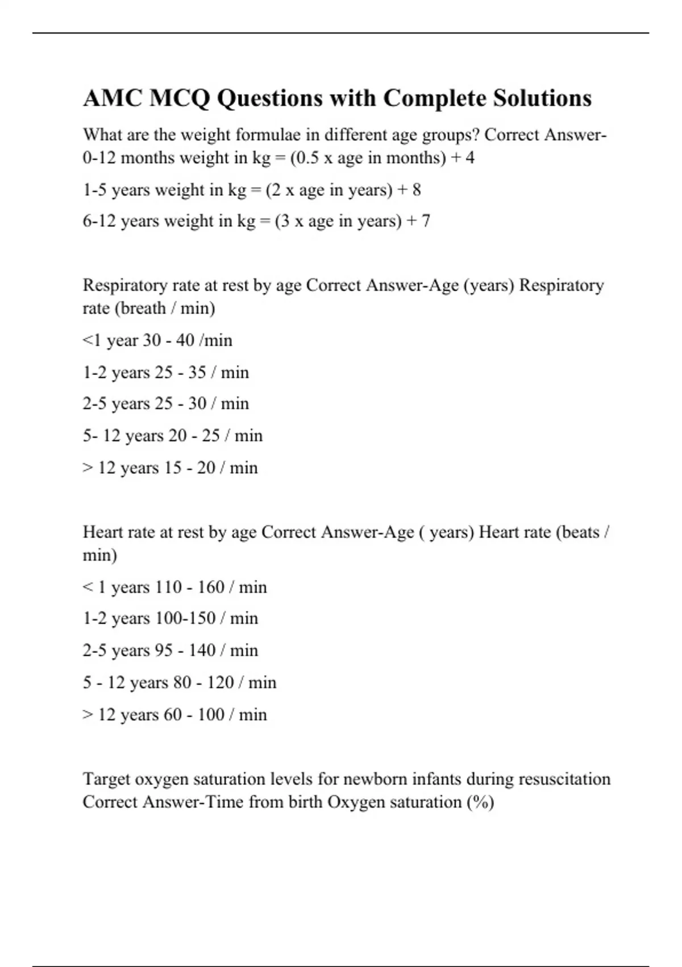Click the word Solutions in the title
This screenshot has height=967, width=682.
542,98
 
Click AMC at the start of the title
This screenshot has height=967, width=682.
112,98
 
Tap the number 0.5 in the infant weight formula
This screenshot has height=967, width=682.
307,158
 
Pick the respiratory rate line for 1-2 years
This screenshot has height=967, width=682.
165,372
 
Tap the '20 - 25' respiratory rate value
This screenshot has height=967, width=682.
194,436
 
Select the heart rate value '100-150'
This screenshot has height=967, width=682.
185,618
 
